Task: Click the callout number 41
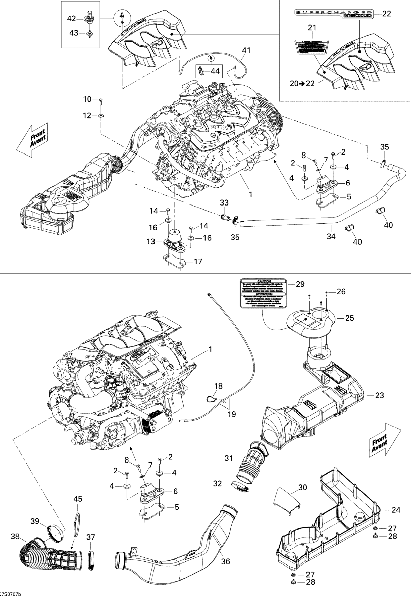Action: pyautogui.click(x=246, y=50)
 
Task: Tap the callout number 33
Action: pyautogui.click(x=224, y=203)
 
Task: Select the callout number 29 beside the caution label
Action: pyautogui.click(x=300, y=284)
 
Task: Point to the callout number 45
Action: pyautogui.click(x=78, y=499)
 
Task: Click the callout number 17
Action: pyautogui.click(x=198, y=262)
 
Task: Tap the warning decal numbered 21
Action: pyautogui.click(x=312, y=47)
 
